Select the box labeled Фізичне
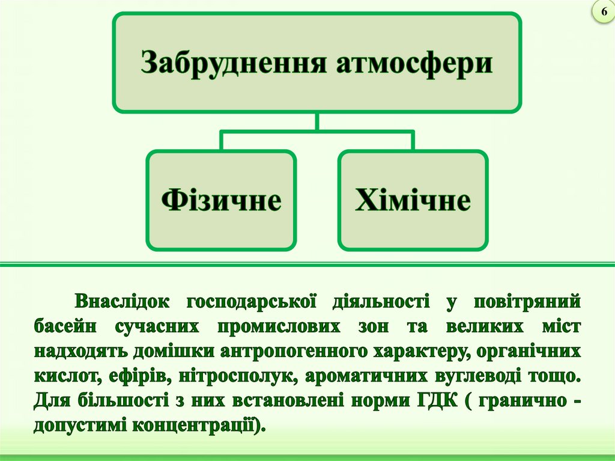[x=221, y=200]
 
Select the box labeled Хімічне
[x=413, y=200]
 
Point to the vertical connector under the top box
[x=317, y=121]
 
